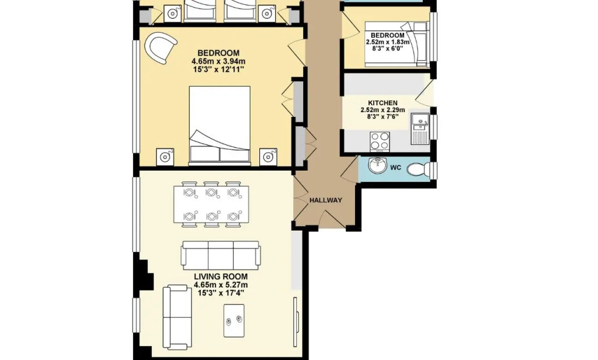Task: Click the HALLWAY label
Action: (325, 200)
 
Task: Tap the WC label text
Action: (396, 167)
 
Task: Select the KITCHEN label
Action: (383, 103)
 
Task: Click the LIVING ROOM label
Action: (220, 277)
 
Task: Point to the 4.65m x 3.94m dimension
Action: (218, 61)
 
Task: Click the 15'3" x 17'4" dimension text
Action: (220, 293)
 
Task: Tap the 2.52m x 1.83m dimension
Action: (387, 42)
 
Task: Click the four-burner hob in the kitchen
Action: (380, 140)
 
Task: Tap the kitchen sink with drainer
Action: (420, 129)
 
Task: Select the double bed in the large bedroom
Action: (220, 125)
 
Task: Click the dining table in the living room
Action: (211, 204)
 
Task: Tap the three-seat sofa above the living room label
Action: (221, 255)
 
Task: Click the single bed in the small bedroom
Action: (397, 44)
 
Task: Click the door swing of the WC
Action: (349, 168)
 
